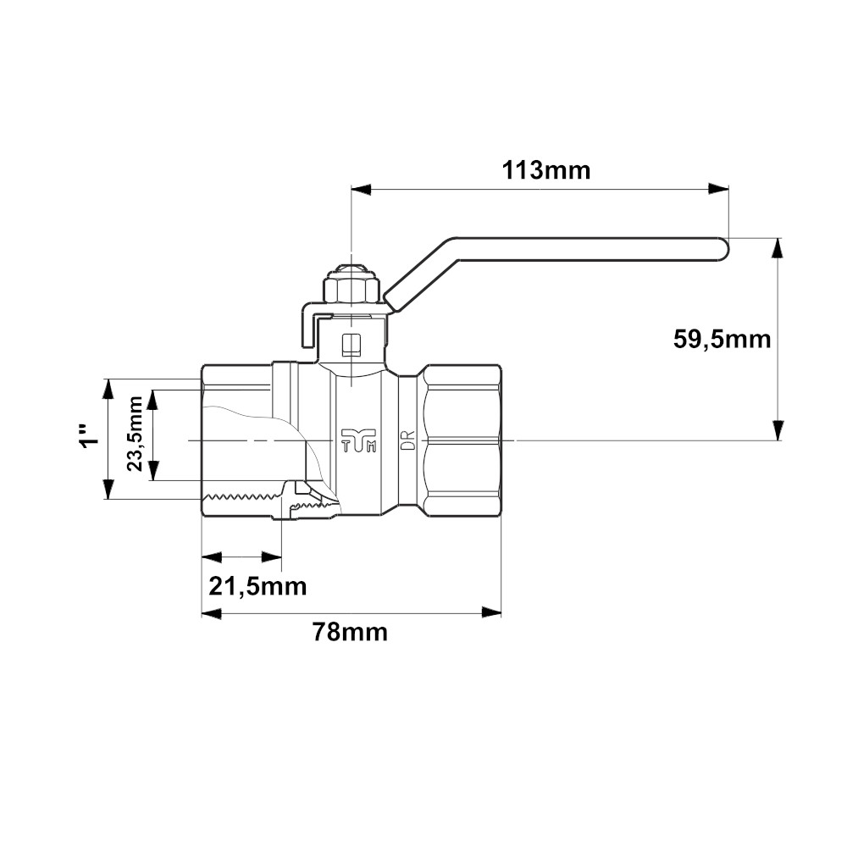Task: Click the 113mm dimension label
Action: [x=546, y=171]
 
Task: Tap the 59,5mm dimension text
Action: [x=722, y=340]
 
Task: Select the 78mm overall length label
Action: [x=350, y=632]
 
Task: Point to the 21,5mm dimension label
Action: [x=257, y=586]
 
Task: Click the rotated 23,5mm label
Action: [x=135, y=434]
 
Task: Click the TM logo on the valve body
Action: [x=358, y=440]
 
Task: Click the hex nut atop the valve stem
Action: [x=352, y=289]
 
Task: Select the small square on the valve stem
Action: [x=352, y=345]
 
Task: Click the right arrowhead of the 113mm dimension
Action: [x=718, y=189]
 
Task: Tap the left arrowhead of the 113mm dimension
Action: [x=362, y=189]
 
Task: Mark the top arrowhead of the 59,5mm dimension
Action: [x=778, y=248]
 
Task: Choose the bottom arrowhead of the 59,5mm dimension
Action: [x=778, y=430]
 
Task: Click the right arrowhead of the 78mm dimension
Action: [x=491, y=612]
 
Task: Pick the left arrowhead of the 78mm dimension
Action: [x=212, y=612]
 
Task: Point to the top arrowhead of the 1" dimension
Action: [x=108, y=390]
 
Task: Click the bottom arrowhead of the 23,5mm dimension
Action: [x=154, y=469]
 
